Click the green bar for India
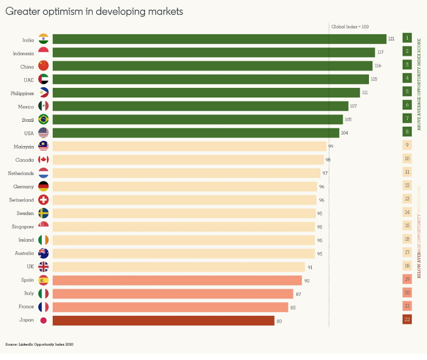[219, 39]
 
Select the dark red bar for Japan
[163, 321]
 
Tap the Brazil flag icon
[44, 119]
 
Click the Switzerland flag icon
[44, 199]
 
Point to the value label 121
[391, 39]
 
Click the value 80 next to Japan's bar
[279, 321]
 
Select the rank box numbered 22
[407, 320]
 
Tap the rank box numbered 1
[407, 38]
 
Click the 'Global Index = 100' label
[349, 26]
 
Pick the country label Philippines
[23, 93]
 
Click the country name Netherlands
[21, 173]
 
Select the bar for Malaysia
[189, 146]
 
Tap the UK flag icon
[44, 267]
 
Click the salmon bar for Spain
[177, 280]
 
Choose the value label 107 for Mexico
[353, 106]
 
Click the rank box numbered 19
[407, 279]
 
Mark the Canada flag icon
[44, 160]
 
